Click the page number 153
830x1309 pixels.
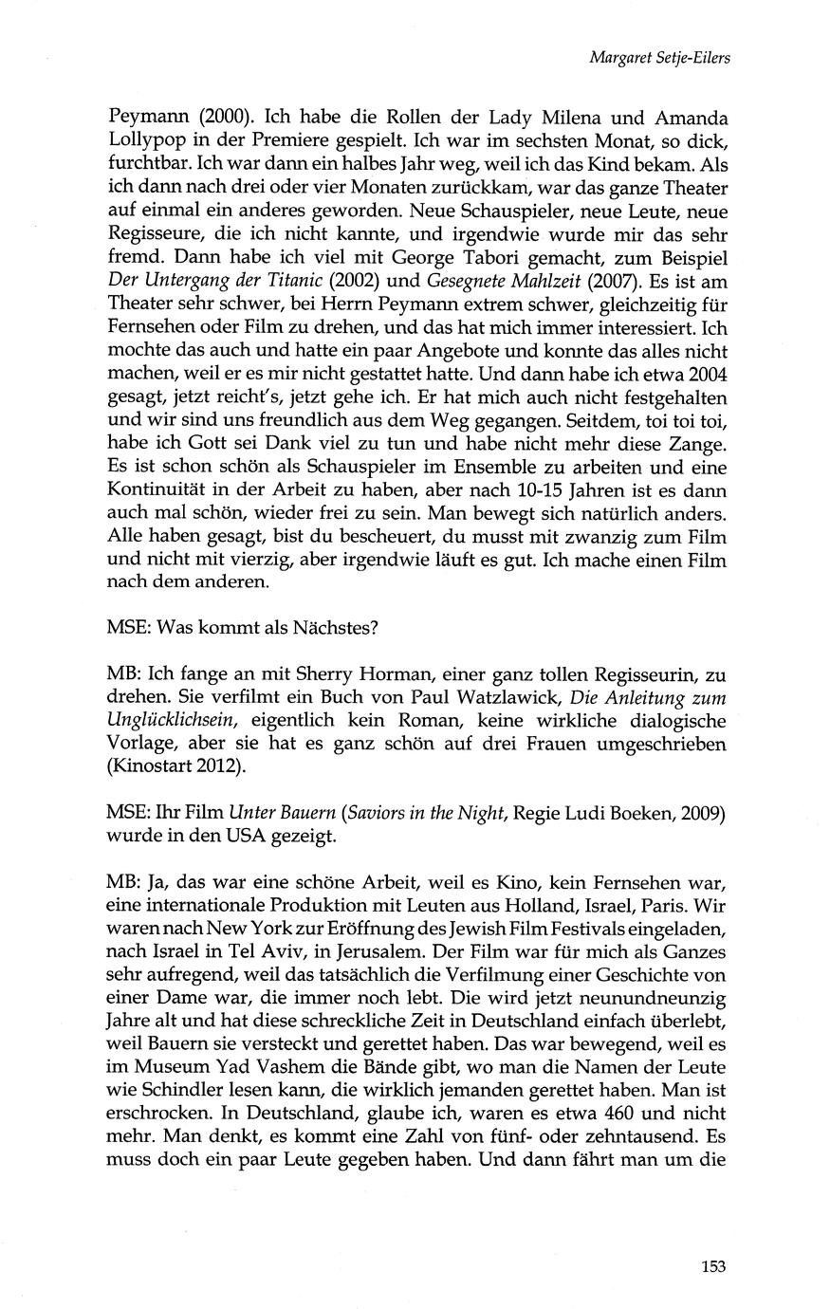coord(713,1264)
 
